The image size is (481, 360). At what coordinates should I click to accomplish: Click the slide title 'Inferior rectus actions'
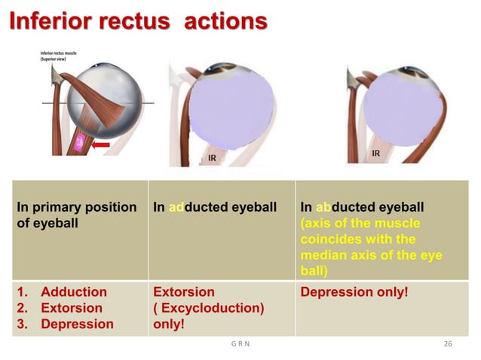137,22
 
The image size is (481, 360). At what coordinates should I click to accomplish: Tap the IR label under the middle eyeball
213,159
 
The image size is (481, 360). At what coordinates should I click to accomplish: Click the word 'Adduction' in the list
74,291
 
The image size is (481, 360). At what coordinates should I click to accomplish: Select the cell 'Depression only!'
354,291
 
